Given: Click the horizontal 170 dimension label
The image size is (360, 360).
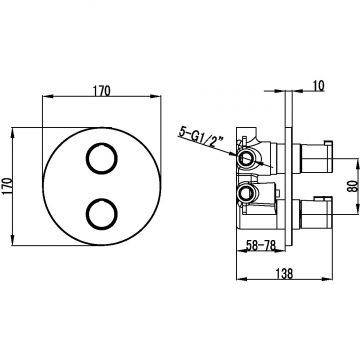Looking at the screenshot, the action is tap(101, 91).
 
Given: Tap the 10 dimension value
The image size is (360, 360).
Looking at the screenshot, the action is tap(318, 86).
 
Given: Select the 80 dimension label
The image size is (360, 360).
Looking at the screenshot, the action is tap(352, 186).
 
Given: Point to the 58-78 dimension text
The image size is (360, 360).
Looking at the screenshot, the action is tap(261, 245).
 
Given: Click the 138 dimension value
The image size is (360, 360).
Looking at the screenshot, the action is tap(284, 274).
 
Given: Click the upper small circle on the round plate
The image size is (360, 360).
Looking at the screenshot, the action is tap(102, 158).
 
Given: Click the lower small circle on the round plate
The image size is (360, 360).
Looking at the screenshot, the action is tap(102, 214).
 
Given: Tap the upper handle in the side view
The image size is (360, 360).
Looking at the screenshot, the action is tap(316, 157).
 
